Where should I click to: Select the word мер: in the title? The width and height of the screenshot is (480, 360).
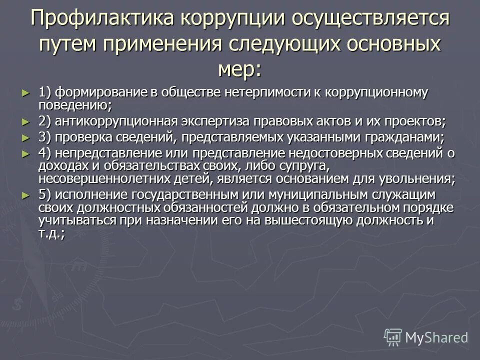[x=239, y=68]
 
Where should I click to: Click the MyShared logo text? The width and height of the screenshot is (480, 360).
[x=436, y=337]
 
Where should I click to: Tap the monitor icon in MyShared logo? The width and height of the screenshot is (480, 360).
[x=393, y=337]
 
